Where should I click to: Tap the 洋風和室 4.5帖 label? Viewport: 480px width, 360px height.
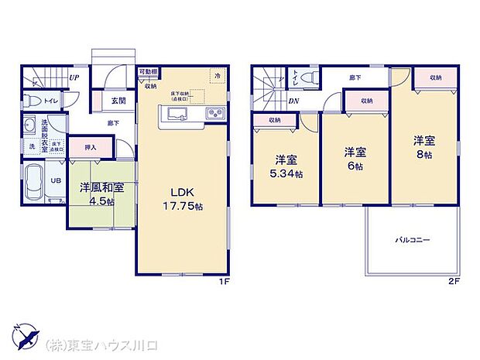[x=97, y=194]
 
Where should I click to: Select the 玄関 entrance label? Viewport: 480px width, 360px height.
[x=118, y=100]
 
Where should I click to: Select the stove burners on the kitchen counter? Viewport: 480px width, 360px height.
[x=214, y=115]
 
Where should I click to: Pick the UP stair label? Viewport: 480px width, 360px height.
[x=73, y=77]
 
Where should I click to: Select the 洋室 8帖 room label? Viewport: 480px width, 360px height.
[x=423, y=147]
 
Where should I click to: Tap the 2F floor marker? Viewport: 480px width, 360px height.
[x=454, y=280]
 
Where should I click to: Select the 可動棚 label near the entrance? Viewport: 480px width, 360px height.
[x=149, y=72]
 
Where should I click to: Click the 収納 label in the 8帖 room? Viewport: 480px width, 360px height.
[x=435, y=77]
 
